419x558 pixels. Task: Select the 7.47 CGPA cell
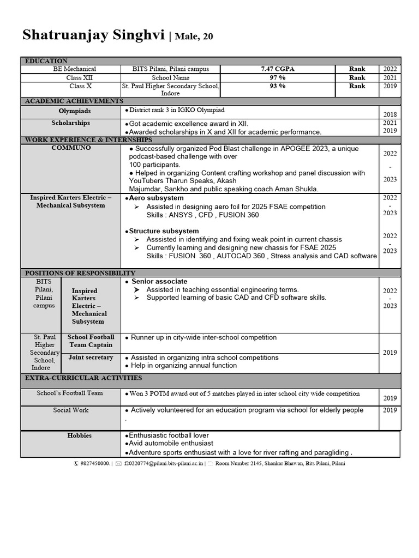coord(277,69)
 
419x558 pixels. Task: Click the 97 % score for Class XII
coord(277,78)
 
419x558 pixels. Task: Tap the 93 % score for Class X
coord(277,86)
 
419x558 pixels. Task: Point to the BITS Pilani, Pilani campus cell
coord(171,69)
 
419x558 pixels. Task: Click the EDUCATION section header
coord(46,61)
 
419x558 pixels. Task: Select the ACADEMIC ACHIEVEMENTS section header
coord(74,101)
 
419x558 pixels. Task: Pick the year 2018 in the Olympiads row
coord(390,115)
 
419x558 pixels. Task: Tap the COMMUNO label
coord(71,148)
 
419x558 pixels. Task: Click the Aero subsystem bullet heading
coord(156,198)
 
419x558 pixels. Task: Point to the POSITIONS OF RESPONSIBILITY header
coord(80,273)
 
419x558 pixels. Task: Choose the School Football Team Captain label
coord(91,341)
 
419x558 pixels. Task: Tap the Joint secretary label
coord(91,357)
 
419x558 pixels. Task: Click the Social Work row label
coord(70,410)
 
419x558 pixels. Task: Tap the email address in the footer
coord(164,464)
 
